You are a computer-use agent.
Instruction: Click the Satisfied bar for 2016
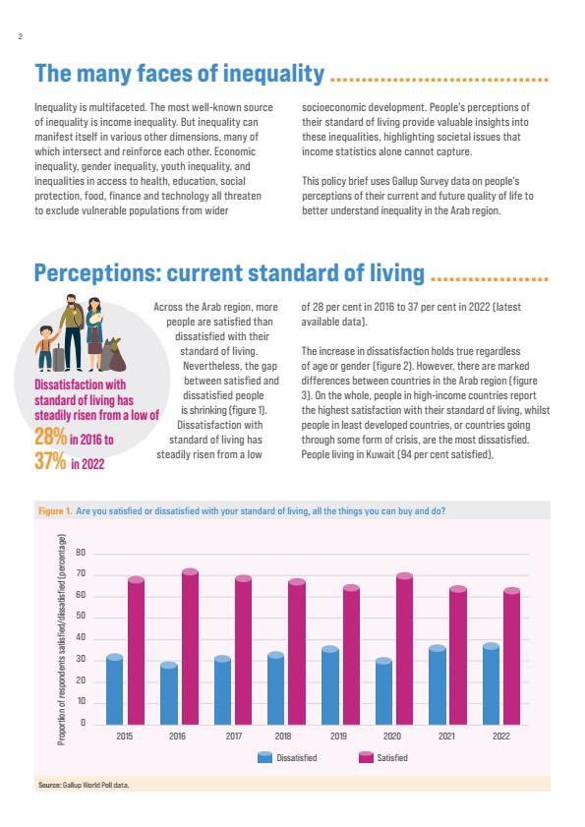coord(190,647)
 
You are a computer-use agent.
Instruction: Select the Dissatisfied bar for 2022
coord(490,684)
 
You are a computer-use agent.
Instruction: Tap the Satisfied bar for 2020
coord(405,649)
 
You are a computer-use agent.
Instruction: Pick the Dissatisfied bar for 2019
coord(329,685)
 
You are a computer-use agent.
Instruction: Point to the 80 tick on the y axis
coord(81,553)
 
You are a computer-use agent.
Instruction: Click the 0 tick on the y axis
coord(83,723)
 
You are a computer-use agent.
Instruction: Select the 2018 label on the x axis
coord(283,736)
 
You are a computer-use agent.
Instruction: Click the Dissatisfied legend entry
coord(287,758)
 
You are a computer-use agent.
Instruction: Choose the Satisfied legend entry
coord(383,758)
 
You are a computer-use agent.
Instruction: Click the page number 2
coord(20,37)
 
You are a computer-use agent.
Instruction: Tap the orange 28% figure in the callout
coord(51,438)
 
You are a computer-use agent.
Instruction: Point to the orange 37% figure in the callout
coord(51,461)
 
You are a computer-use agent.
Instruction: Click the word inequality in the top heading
coord(273,74)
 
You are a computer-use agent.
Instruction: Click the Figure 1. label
coord(55,511)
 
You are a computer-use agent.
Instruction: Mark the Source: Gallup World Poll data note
coord(84,785)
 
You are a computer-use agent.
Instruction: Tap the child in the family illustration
coord(45,347)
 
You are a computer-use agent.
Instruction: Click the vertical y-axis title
coord(62,639)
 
